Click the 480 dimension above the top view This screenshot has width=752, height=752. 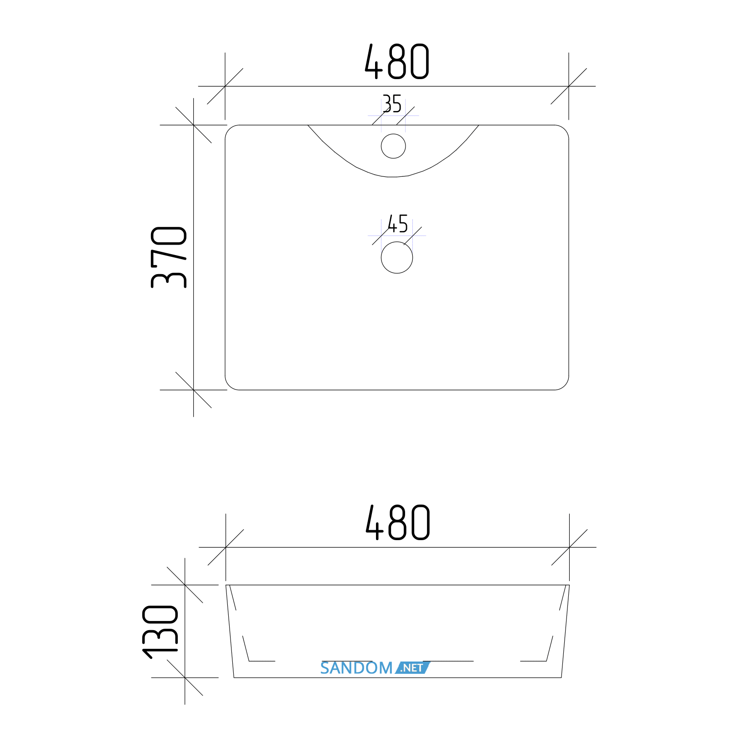coord(397,61)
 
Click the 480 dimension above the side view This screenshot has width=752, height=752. coord(398,522)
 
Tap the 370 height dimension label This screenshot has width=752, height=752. coord(169,257)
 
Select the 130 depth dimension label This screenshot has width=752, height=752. coord(160,632)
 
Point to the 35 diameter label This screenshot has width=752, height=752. coord(392,104)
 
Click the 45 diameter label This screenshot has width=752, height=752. coord(398,224)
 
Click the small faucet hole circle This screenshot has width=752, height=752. coord(393,146)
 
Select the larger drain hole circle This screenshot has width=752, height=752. coord(397,257)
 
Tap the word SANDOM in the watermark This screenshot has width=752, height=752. coord(356,668)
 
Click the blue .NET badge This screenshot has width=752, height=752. coord(412,668)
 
